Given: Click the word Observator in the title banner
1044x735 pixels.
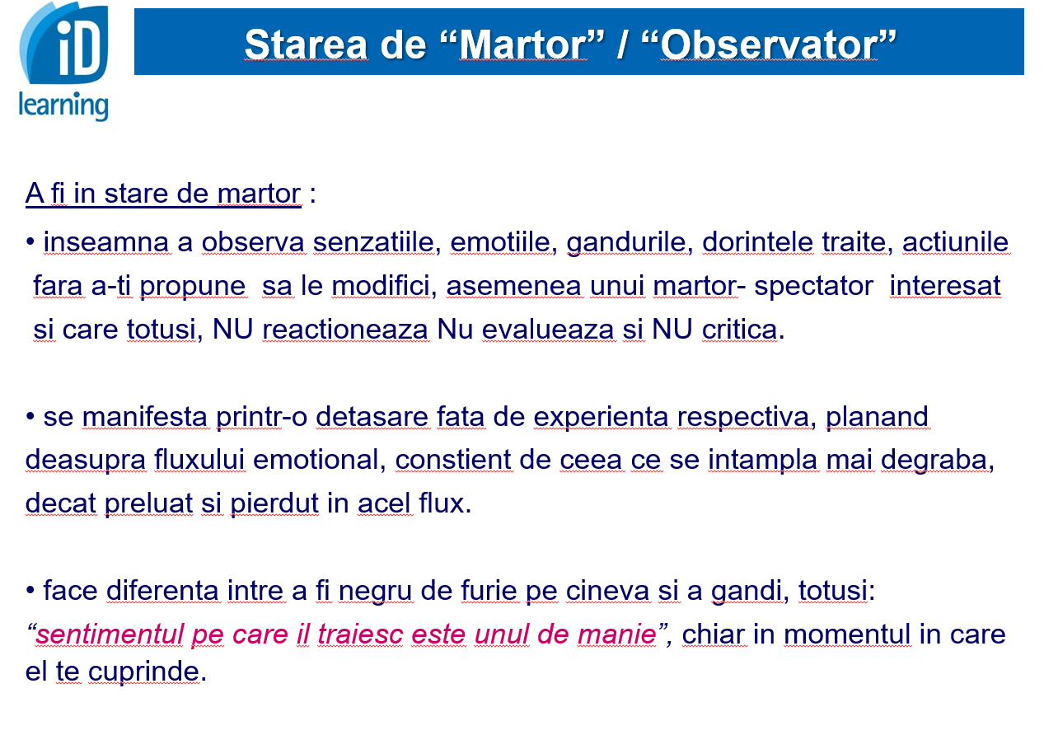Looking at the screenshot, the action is pyautogui.click(x=769, y=45).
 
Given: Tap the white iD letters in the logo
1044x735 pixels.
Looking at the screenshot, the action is pyautogui.click(x=79, y=49).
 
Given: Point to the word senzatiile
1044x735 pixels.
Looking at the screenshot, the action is pyautogui.click(x=373, y=242).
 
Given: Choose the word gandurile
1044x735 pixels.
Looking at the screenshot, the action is pyautogui.click(x=626, y=243).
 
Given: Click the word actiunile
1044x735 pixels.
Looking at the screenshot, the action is pyautogui.click(x=956, y=242).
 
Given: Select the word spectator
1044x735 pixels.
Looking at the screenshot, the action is pyautogui.click(x=814, y=287).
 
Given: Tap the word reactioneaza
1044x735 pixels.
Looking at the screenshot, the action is pyautogui.click(x=345, y=330).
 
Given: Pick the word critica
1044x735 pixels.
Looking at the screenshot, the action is pyautogui.click(x=740, y=330).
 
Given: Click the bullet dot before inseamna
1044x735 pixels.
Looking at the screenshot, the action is pyautogui.click(x=30, y=241).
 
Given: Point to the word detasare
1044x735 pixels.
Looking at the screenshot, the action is pyautogui.click(x=372, y=416).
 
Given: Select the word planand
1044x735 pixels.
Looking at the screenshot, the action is pyautogui.click(x=878, y=417).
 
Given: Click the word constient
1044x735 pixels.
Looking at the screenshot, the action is pyautogui.click(x=453, y=460).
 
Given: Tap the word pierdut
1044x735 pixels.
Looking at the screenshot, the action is pyautogui.click(x=274, y=503).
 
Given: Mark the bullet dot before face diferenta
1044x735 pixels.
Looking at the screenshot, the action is pyautogui.click(x=30, y=591).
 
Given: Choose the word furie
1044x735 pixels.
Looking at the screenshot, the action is pyautogui.click(x=489, y=591).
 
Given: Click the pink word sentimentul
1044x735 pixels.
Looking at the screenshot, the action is pyautogui.click(x=110, y=634).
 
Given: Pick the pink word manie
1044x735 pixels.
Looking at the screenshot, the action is pyautogui.click(x=617, y=634).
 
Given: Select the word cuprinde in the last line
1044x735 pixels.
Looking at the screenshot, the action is pyautogui.click(x=144, y=672).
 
